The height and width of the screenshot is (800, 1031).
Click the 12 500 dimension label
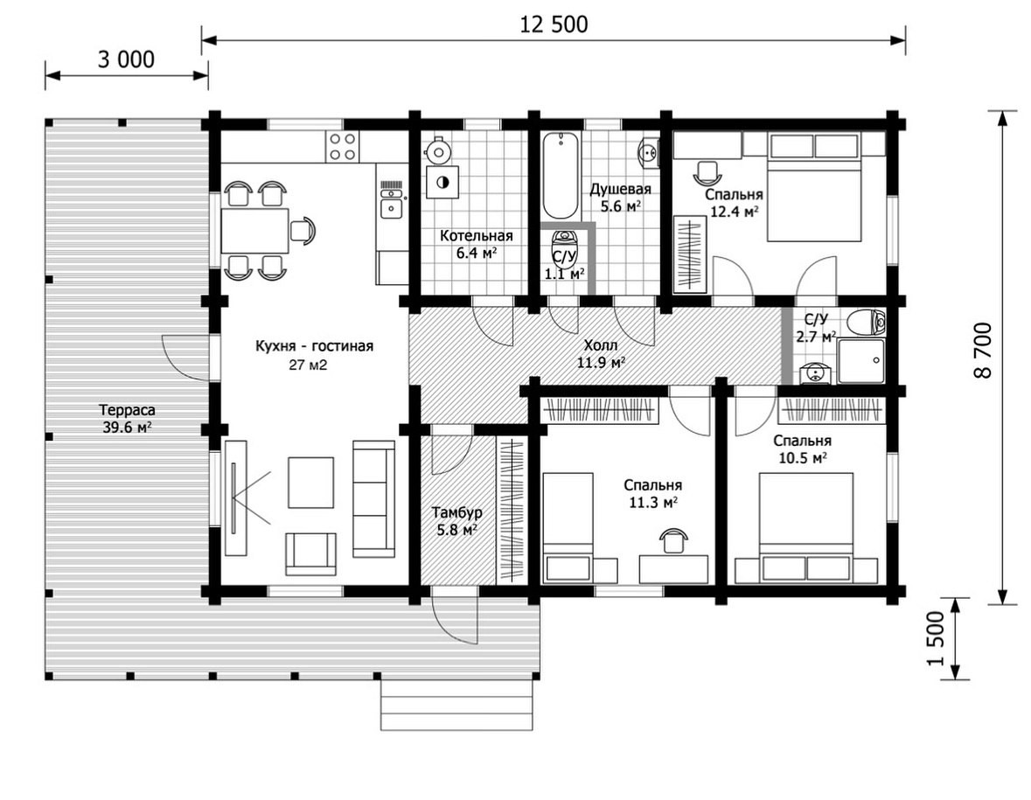[554, 25]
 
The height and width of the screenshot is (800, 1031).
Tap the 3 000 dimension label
[126, 59]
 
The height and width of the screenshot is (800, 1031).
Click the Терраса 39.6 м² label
[128, 419]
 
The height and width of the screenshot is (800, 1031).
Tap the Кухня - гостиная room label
[314, 346]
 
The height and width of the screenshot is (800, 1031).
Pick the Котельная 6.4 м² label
[476, 244]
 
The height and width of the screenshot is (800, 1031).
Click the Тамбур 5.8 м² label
[457, 520]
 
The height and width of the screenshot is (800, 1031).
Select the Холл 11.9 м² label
[601, 353]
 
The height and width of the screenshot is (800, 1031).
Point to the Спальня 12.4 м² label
[735, 203]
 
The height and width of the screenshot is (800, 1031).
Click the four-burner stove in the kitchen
[343, 147]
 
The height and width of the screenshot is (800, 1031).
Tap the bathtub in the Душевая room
[561, 175]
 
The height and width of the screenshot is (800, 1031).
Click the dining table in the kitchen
[254, 230]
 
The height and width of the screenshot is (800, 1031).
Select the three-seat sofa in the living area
[373, 499]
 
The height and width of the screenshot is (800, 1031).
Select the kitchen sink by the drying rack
[392, 210]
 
